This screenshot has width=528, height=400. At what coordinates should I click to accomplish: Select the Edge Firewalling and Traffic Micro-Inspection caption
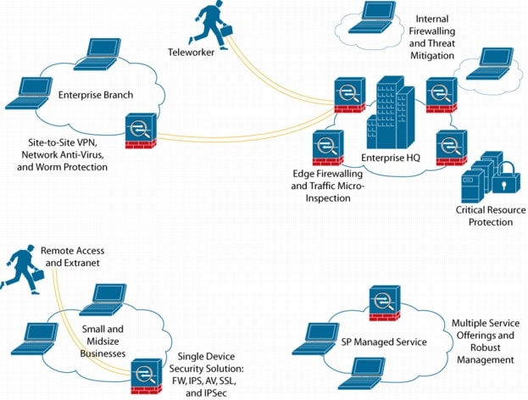[320, 185]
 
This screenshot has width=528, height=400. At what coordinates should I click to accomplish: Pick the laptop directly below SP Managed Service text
[366, 370]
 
